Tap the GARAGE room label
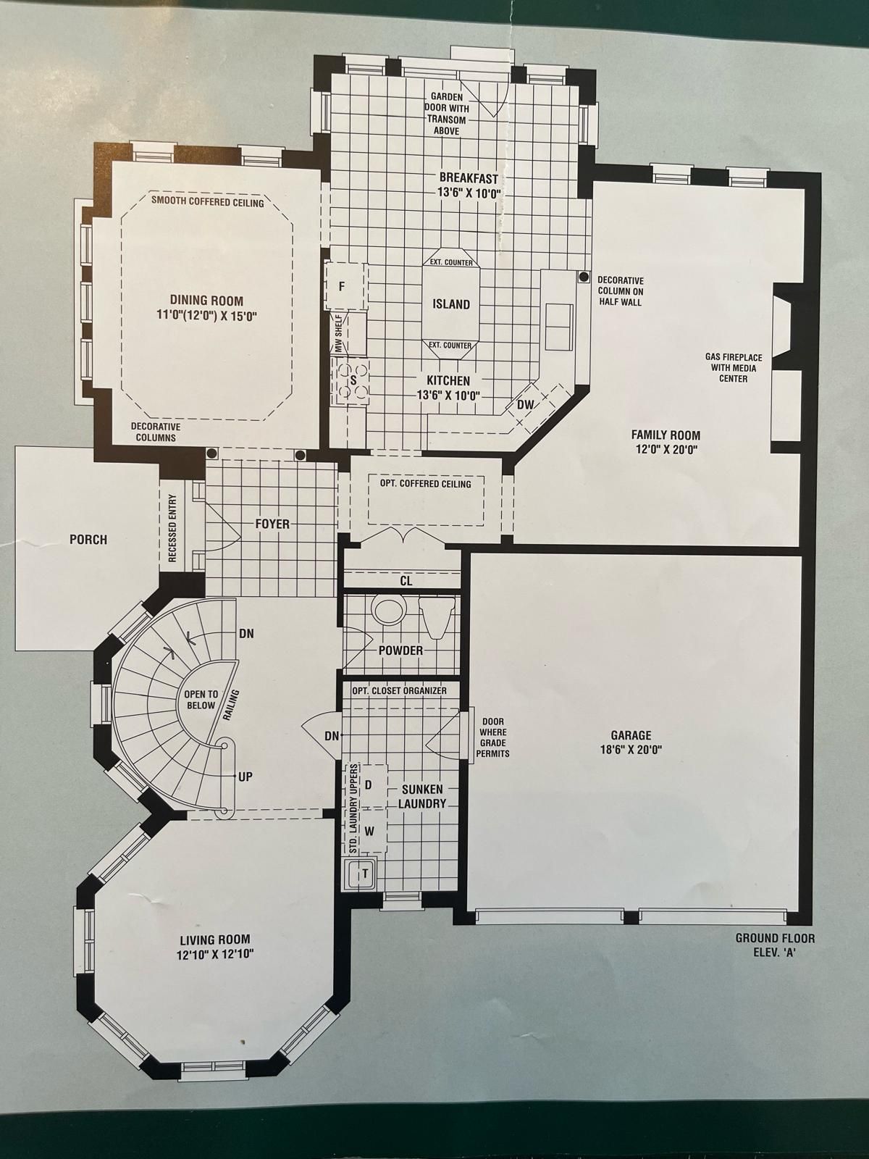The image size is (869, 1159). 631,735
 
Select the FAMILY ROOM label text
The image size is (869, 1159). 666,435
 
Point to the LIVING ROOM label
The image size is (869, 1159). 215,940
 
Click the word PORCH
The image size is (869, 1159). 88,539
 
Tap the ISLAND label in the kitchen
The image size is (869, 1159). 451,304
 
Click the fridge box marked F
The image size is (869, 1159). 345,287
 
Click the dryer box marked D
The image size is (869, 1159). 372,785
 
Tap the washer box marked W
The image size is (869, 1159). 372,830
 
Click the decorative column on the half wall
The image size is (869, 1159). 584,276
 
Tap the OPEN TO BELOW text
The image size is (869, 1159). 201,700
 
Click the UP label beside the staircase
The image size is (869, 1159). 245,777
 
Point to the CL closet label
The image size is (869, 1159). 406,581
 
